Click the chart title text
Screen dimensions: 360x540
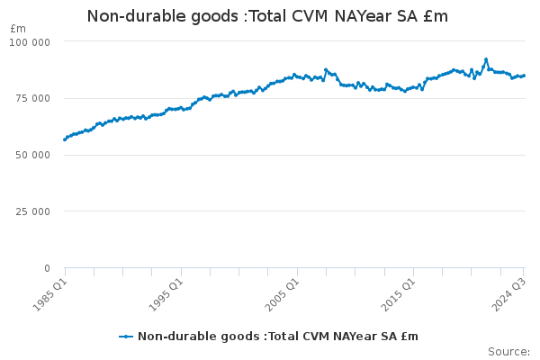267,16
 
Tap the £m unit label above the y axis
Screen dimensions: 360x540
18,29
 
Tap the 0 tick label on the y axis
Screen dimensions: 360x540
48,268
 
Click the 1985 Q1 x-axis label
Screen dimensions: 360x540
47,292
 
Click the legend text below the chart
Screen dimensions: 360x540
277,337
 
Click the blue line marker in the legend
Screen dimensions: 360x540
126,337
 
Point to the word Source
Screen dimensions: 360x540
508,351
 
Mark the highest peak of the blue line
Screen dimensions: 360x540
486,59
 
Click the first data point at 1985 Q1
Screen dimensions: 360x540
65,139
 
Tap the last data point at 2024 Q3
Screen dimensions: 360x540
525,76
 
